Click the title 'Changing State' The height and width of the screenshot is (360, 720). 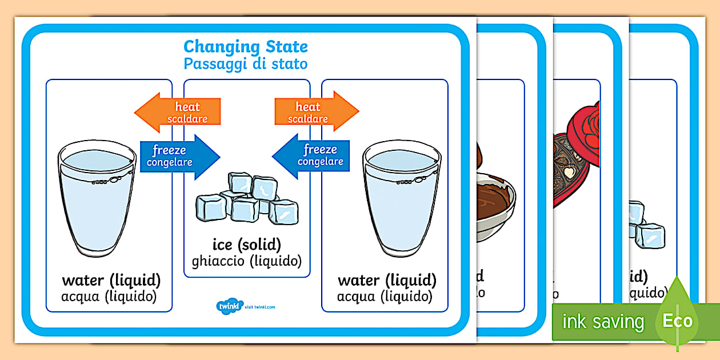pyautogui.click(x=245, y=46)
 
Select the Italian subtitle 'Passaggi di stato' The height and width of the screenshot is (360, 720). pyautogui.click(x=245, y=63)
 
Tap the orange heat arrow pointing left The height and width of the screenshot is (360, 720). pyautogui.click(x=177, y=112)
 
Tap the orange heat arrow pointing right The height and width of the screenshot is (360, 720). pyautogui.click(x=317, y=112)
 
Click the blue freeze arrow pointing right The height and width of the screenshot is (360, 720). pyautogui.click(x=179, y=155)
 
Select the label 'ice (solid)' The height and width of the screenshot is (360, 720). pyautogui.click(x=247, y=245)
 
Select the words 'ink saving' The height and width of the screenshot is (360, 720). pyautogui.click(x=603, y=322)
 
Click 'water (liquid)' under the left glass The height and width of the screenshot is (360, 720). pyautogui.click(x=111, y=281)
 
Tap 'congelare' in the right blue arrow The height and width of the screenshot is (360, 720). pyautogui.click(x=321, y=162)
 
